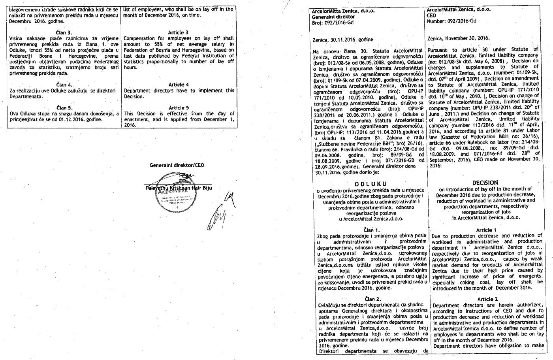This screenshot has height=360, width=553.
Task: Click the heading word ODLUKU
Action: tap(371, 184)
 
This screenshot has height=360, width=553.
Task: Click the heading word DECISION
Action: tap(485, 183)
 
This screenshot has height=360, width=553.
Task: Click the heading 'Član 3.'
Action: tap(64, 32)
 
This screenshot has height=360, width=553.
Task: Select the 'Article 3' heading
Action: tap(179, 32)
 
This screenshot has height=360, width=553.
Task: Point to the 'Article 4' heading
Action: tap(179, 85)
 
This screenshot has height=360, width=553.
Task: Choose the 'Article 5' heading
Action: tap(179, 107)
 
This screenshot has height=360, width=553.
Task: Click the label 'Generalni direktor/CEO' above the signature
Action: tap(177, 165)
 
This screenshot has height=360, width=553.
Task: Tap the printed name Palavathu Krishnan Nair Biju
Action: tap(179, 188)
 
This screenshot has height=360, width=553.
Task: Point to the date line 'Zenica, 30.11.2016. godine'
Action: tap(342, 40)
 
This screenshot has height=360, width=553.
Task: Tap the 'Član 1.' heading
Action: tap(371, 230)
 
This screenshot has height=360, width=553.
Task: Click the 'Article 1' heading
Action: tap(487, 230)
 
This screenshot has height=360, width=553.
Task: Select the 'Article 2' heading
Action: tap(487, 299)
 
